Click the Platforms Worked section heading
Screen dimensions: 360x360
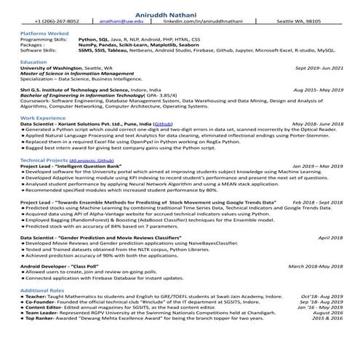coord(44,33)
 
